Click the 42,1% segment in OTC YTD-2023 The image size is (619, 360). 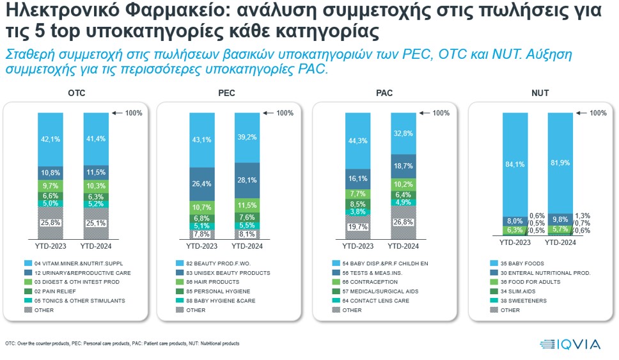pyautogui.click(x=51, y=139)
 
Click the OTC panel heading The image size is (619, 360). pyautogui.click(x=77, y=93)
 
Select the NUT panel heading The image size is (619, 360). pyautogui.click(x=540, y=93)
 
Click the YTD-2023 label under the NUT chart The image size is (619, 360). pyautogui.click(x=515, y=242)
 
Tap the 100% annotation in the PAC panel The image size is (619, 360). pyautogui.click(x=441, y=113)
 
